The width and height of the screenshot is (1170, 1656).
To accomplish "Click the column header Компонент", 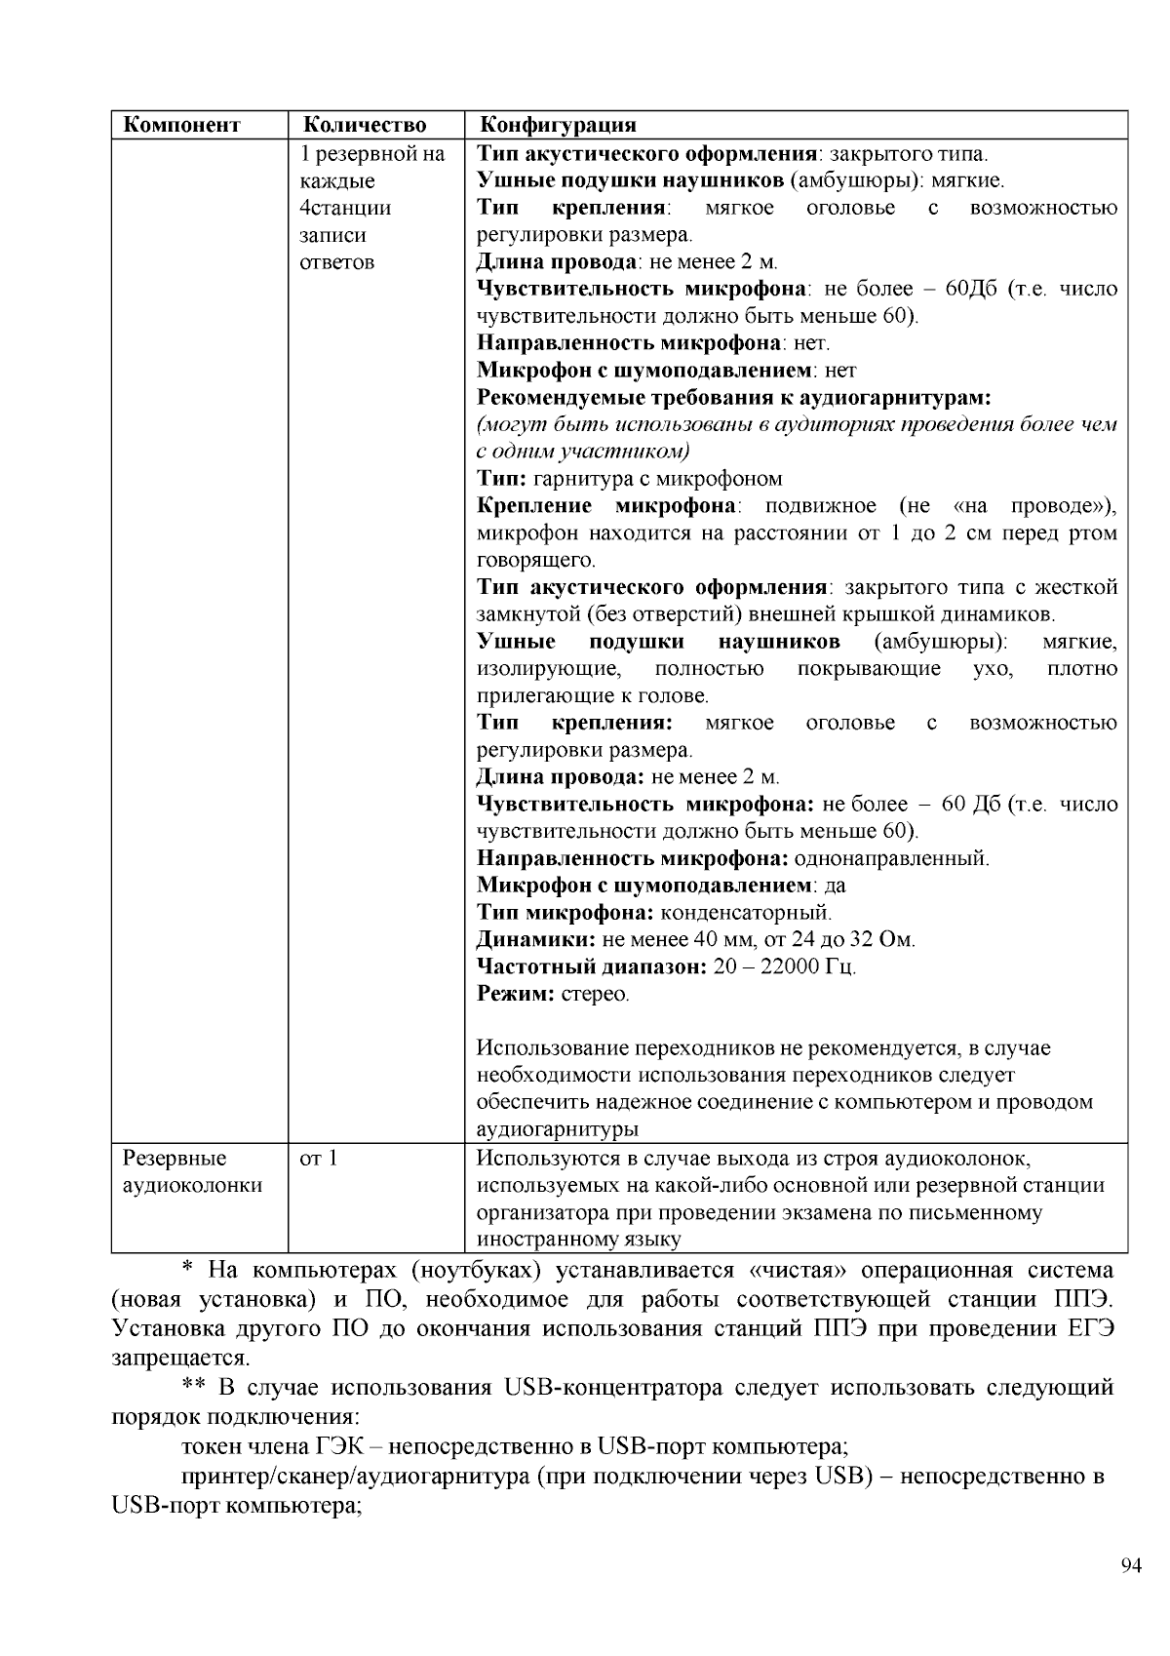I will (181, 125).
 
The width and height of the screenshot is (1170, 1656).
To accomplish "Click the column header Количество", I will (365, 125).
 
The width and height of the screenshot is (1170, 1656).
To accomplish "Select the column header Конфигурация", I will (558, 125).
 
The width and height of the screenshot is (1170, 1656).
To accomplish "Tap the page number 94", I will (1131, 1566).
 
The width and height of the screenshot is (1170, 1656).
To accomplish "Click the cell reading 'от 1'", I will (319, 1159).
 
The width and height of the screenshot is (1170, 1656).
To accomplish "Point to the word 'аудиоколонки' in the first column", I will (192, 1186).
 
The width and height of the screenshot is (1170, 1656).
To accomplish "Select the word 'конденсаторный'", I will (746, 914).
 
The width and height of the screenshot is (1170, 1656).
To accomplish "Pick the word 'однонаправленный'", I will (891, 859).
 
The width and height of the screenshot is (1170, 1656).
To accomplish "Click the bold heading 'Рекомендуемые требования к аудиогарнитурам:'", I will (733, 398).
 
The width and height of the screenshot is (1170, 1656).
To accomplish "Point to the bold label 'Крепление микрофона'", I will (606, 506).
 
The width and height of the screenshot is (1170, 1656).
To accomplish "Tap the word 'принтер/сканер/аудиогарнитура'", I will (355, 1476).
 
